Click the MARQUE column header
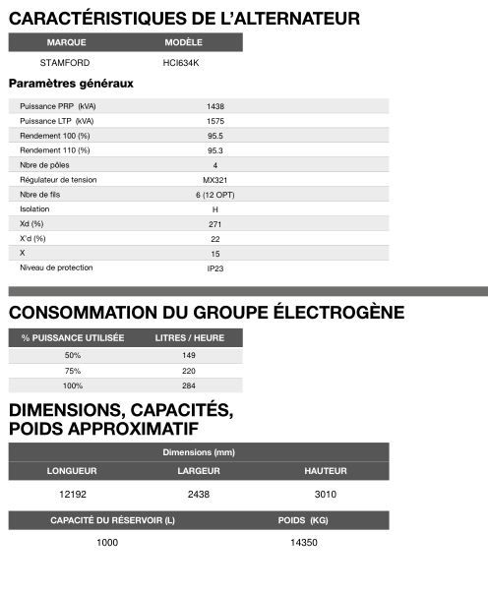(x=67, y=43)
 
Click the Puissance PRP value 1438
(x=214, y=105)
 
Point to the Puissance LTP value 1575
(x=214, y=120)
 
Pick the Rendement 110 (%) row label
(x=54, y=149)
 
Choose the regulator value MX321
(x=214, y=180)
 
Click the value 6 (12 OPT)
(x=214, y=195)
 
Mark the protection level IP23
(x=214, y=268)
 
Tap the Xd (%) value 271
(x=214, y=224)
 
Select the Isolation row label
(x=34, y=209)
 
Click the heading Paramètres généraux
(x=71, y=84)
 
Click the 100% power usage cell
(x=73, y=385)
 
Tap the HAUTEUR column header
(x=325, y=471)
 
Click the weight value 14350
(x=303, y=543)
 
